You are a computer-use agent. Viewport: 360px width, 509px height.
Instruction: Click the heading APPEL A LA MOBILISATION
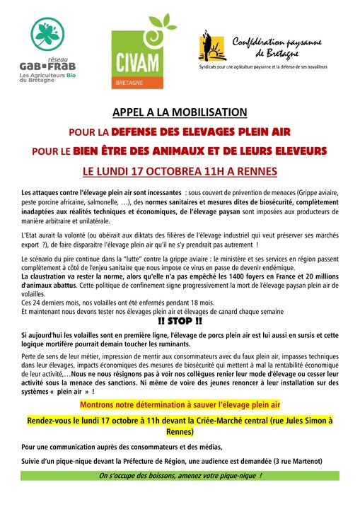point(180,112)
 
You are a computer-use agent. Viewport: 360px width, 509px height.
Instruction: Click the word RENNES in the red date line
point(257,170)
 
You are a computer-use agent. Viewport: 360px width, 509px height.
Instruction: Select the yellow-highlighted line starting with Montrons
point(180,404)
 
